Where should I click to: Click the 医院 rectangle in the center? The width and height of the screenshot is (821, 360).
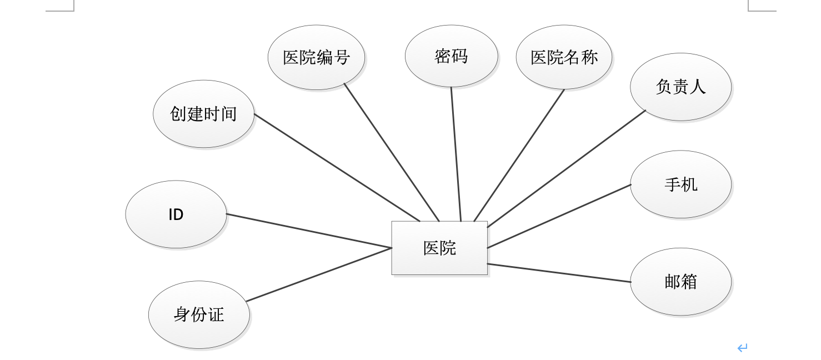point(439,248)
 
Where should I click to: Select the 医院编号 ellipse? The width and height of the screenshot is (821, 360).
point(316,57)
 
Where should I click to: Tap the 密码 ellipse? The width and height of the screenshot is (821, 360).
point(451,56)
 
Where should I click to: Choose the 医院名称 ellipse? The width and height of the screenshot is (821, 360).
point(564,57)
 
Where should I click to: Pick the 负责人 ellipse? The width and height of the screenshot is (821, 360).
point(680,87)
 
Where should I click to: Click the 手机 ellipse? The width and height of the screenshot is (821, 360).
point(680,184)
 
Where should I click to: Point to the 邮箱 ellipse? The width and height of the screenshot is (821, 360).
point(680,282)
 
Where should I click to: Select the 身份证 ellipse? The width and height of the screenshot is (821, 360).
point(199,314)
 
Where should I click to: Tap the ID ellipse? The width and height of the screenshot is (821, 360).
point(176,214)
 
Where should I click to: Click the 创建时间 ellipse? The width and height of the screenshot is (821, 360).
point(203,114)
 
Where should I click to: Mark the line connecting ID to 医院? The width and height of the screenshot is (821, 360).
point(309,231)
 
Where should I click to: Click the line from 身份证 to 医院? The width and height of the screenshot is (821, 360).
point(319,274)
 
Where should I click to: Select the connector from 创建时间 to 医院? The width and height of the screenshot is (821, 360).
point(337,167)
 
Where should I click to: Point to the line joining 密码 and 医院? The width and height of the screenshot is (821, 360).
point(456,154)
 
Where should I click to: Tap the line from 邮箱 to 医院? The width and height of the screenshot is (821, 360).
point(559,273)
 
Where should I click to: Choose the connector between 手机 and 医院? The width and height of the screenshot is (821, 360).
point(559,216)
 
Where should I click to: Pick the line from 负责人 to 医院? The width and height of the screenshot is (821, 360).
point(567,168)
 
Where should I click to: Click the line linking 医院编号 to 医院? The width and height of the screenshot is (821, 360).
point(392,152)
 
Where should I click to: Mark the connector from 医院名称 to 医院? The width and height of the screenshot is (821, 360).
point(519,155)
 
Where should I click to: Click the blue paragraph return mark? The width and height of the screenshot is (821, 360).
point(742,348)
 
